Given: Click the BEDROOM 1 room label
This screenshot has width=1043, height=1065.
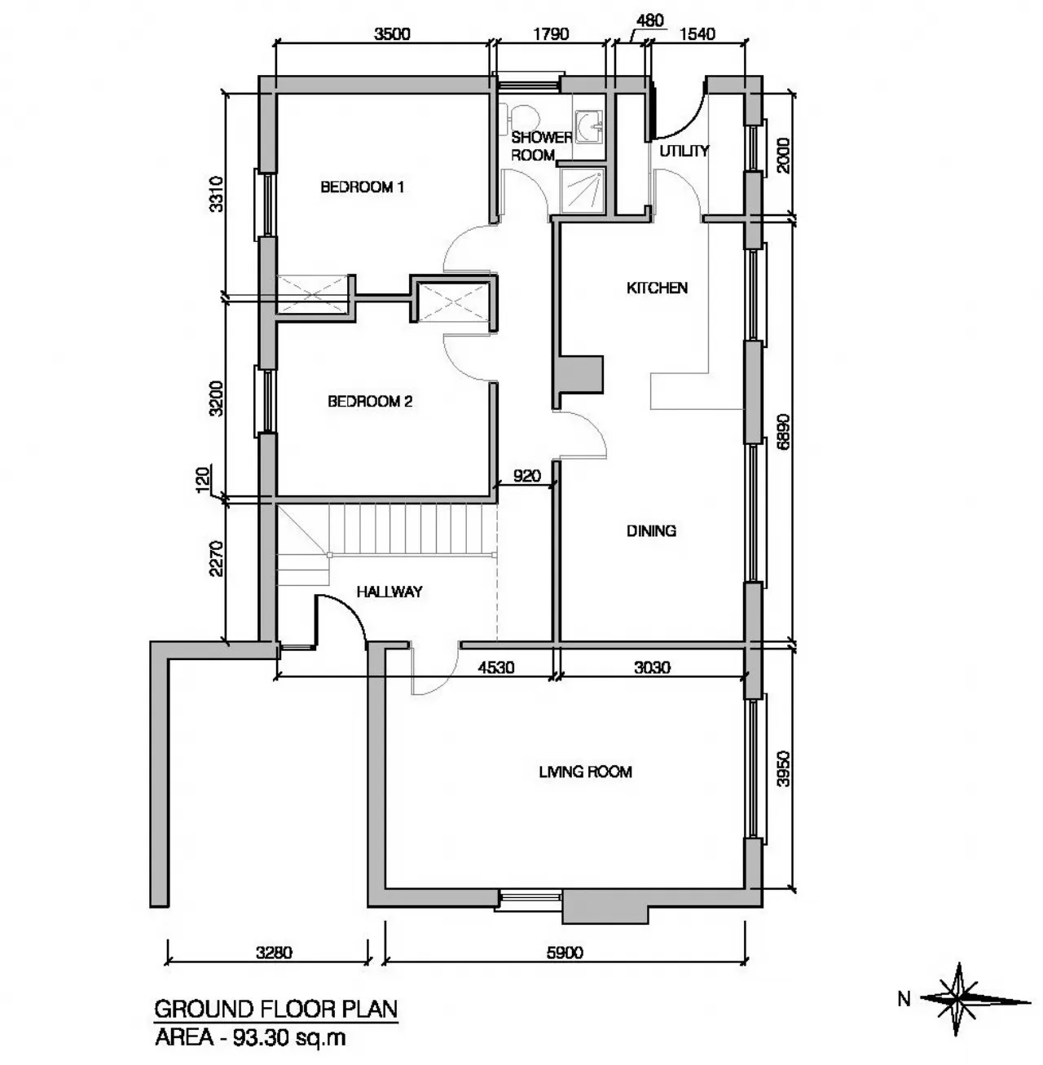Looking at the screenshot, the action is (362, 187).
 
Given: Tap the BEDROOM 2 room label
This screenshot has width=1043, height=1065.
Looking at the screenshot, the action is (370, 401).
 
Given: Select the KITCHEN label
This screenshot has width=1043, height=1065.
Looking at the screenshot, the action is (657, 288).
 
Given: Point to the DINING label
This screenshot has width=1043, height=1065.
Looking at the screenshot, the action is (651, 530).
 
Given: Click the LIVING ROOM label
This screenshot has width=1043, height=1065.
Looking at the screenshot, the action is (585, 772).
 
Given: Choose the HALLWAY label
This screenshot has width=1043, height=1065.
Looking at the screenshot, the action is (389, 592).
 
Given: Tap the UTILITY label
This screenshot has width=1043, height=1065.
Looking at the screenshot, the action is (684, 151).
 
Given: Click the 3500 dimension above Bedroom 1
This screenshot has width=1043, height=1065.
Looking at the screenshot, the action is (392, 34).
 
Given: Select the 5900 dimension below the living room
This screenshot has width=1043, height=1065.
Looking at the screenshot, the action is (565, 953).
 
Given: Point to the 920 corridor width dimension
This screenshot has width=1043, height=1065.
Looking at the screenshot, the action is (526, 475).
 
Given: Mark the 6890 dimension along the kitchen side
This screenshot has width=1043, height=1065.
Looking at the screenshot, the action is (783, 432).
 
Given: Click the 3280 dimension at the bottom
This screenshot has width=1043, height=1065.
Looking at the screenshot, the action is (274, 953).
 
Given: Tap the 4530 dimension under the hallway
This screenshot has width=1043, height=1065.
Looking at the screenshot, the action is (495, 667).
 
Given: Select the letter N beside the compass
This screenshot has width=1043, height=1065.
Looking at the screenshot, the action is (904, 999).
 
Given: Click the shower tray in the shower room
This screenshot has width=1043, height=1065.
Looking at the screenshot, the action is (583, 191).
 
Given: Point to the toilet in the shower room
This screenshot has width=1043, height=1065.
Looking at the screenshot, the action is (520, 117).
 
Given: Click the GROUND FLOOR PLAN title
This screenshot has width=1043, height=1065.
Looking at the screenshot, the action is (275, 1009).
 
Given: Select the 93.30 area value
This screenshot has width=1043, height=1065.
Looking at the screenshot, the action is (259, 1037).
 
